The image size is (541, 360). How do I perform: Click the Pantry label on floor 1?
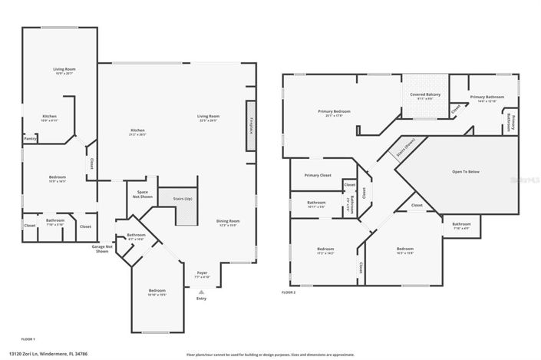click(31, 139)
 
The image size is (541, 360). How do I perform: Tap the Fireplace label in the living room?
click(251, 123)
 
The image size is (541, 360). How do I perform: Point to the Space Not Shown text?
click(142, 194)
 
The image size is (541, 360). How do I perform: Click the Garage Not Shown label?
click(103, 249)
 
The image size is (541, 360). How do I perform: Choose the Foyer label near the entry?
click(202, 272)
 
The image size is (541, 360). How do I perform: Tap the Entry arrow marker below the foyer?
click(202, 292)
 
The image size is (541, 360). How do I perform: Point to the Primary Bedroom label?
click(335, 113)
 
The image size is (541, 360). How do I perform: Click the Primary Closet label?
click(316, 175)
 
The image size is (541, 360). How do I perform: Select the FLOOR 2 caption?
click(289, 292)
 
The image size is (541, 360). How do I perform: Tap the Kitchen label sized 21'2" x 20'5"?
click(137, 131)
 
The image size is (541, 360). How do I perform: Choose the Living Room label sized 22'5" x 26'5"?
click(207, 117)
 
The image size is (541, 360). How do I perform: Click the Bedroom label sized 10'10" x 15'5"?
click(157, 292)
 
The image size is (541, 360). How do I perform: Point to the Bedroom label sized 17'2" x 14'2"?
click(326, 250)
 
